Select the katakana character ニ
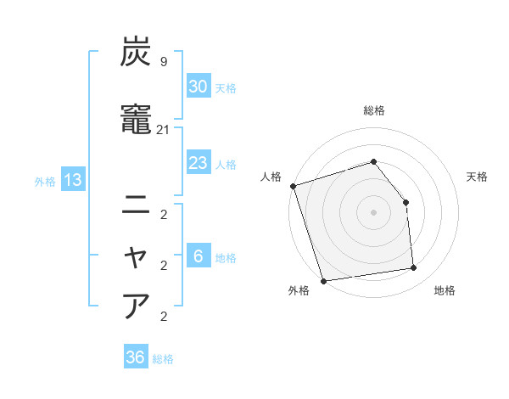(x=136, y=204)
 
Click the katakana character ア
(x=136, y=306)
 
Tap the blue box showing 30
(x=198, y=87)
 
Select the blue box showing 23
(x=198, y=163)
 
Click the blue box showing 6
(x=198, y=256)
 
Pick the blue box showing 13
(x=71, y=180)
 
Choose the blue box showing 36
(x=135, y=357)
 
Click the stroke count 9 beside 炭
(x=164, y=61)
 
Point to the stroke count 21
(x=164, y=129)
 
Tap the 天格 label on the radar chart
(x=477, y=177)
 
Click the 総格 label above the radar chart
(x=374, y=110)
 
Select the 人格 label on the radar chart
(x=271, y=177)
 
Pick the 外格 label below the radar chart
(x=299, y=291)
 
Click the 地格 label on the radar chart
(x=445, y=291)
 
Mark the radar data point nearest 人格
(x=293, y=186)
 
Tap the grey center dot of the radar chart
(x=373, y=211)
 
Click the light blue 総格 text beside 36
(x=163, y=359)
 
